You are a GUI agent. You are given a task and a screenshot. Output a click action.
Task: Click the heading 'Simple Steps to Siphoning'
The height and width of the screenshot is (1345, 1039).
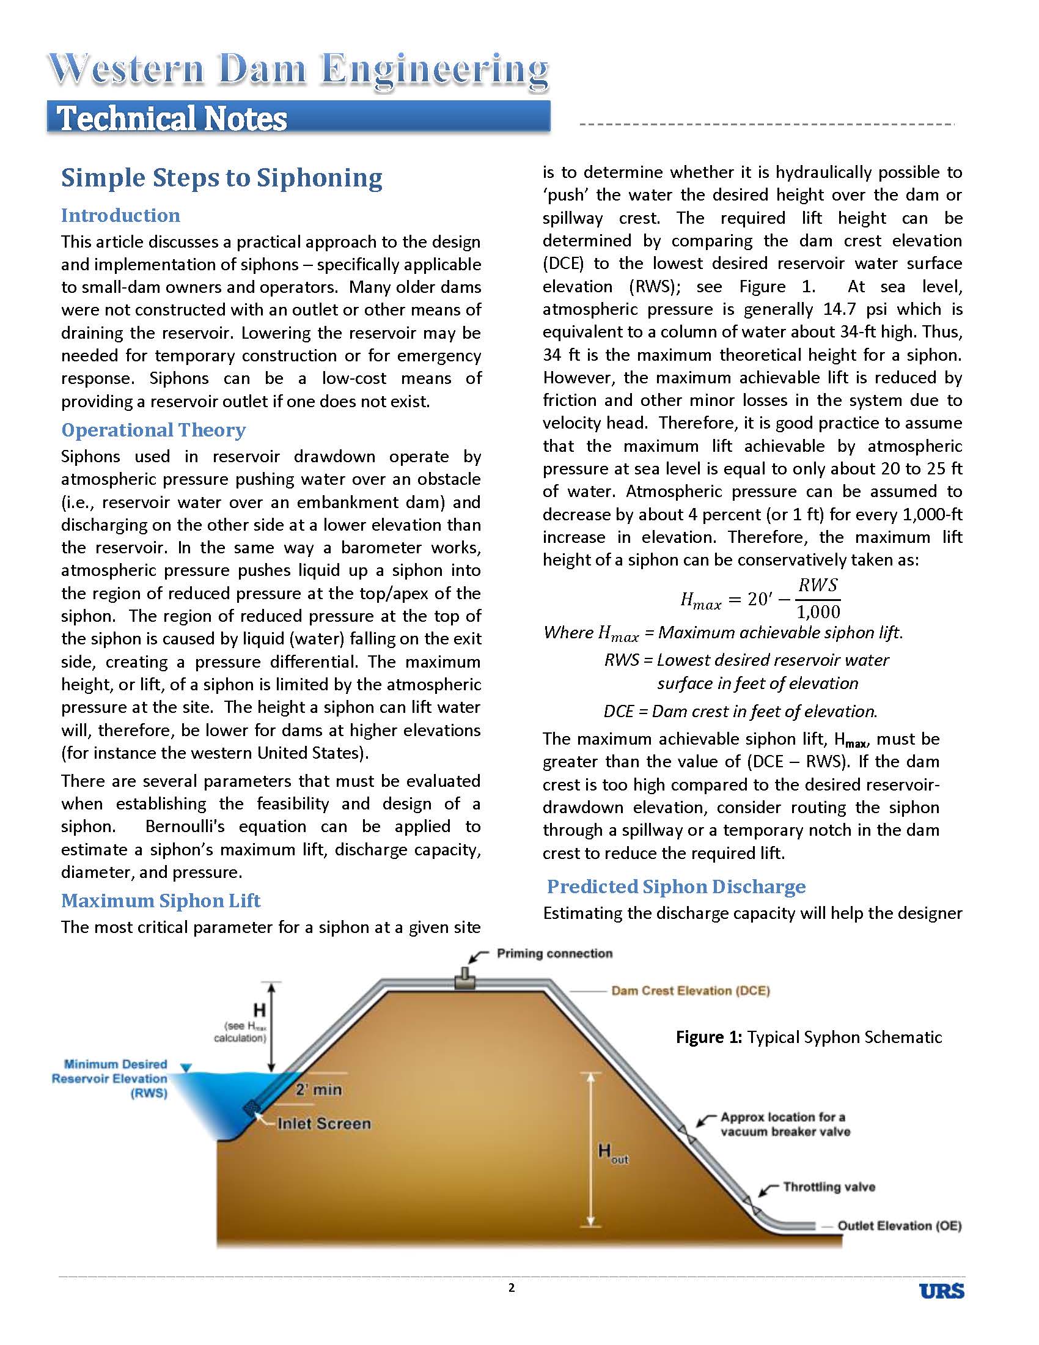click(x=222, y=178)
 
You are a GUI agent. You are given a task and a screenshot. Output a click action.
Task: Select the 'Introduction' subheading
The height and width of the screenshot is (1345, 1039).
click(x=120, y=216)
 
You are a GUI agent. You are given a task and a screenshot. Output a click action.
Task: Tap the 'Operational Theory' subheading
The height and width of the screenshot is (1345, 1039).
click(x=153, y=430)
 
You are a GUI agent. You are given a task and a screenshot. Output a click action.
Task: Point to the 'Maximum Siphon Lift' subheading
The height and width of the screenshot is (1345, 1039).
click(x=161, y=901)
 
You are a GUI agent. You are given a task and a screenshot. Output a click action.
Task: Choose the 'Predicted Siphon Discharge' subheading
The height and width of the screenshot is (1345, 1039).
click(x=677, y=886)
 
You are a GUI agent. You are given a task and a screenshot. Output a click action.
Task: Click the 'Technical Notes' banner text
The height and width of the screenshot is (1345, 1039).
click(x=172, y=119)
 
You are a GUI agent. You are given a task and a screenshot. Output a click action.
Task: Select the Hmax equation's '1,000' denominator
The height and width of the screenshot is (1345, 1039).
click(x=818, y=611)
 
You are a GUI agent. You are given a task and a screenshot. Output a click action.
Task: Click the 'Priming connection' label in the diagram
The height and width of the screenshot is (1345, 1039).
click(x=554, y=954)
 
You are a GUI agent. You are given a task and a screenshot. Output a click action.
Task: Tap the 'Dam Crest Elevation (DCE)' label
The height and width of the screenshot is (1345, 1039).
click(x=690, y=991)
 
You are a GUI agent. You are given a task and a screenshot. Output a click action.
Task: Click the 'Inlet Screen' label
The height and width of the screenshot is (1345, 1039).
click(x=324, y=1124)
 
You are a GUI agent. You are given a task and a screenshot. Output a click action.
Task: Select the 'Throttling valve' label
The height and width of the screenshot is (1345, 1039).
click(x=829, y=1187)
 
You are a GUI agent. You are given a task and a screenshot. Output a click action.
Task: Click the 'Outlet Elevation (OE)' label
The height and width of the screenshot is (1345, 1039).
click(x=899, y=1226)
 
